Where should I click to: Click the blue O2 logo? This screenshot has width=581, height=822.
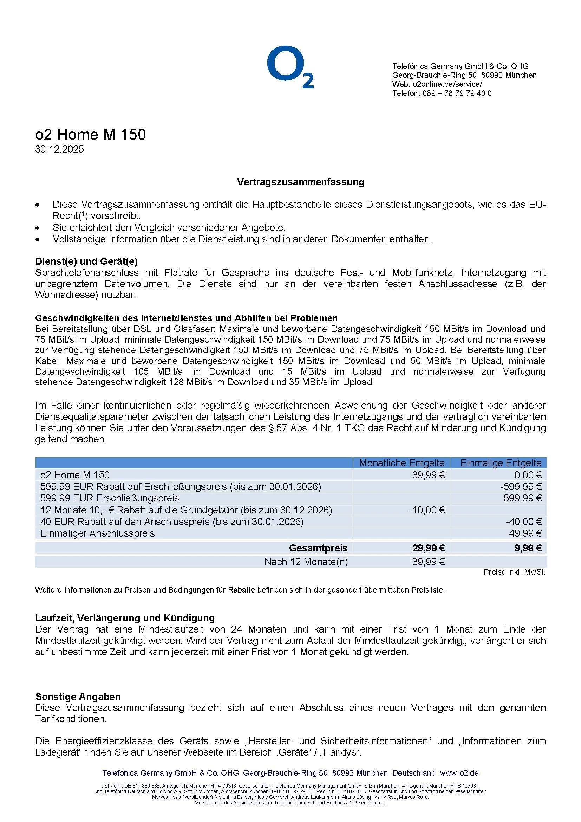290,67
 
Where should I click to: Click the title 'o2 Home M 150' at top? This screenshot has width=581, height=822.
91,135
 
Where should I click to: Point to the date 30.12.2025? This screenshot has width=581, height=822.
59,149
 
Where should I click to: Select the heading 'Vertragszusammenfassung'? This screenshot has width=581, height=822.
301,182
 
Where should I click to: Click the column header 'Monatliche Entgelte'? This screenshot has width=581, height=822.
402,463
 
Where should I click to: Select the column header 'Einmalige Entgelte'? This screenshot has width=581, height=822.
501,463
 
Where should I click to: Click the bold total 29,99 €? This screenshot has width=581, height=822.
429,548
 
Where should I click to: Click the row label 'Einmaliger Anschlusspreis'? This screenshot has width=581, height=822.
97,533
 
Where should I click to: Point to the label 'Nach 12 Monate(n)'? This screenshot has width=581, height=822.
306,562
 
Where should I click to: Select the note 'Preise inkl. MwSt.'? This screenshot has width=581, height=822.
515,572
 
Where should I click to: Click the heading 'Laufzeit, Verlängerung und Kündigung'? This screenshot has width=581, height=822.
125,618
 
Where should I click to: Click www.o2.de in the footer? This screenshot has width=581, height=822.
459,773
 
